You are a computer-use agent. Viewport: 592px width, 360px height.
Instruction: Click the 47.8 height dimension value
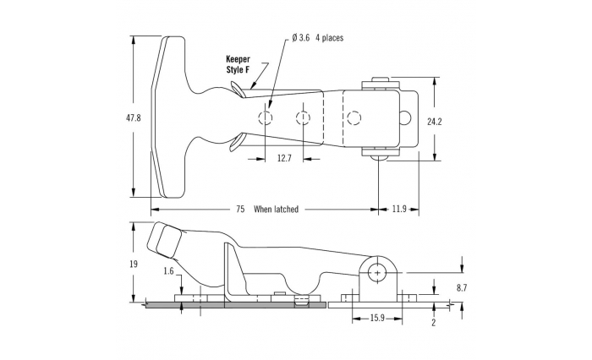tap(133, 117)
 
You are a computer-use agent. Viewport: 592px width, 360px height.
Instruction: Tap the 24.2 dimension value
tap(435, 122)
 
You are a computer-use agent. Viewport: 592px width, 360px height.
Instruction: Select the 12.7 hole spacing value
tap(284, 158)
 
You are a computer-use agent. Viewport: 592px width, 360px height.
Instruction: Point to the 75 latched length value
tap(239, 209)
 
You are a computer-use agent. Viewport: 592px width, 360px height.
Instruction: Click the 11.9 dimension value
tap(400, 209)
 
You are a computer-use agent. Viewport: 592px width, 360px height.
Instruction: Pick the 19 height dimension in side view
tap(134, 265)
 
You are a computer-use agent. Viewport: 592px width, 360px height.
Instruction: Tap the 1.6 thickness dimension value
tap(170, 271)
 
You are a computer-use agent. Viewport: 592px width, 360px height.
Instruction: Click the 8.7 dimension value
tap(461, 287)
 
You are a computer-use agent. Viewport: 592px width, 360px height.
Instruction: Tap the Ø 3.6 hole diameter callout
tap(302, 38)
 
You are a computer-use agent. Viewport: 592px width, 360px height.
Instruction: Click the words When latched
tap(276, 209)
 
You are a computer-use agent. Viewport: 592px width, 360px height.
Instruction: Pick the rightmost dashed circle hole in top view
tap(355, 117)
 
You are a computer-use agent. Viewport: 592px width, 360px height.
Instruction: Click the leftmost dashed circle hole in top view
tap(266, 117)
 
